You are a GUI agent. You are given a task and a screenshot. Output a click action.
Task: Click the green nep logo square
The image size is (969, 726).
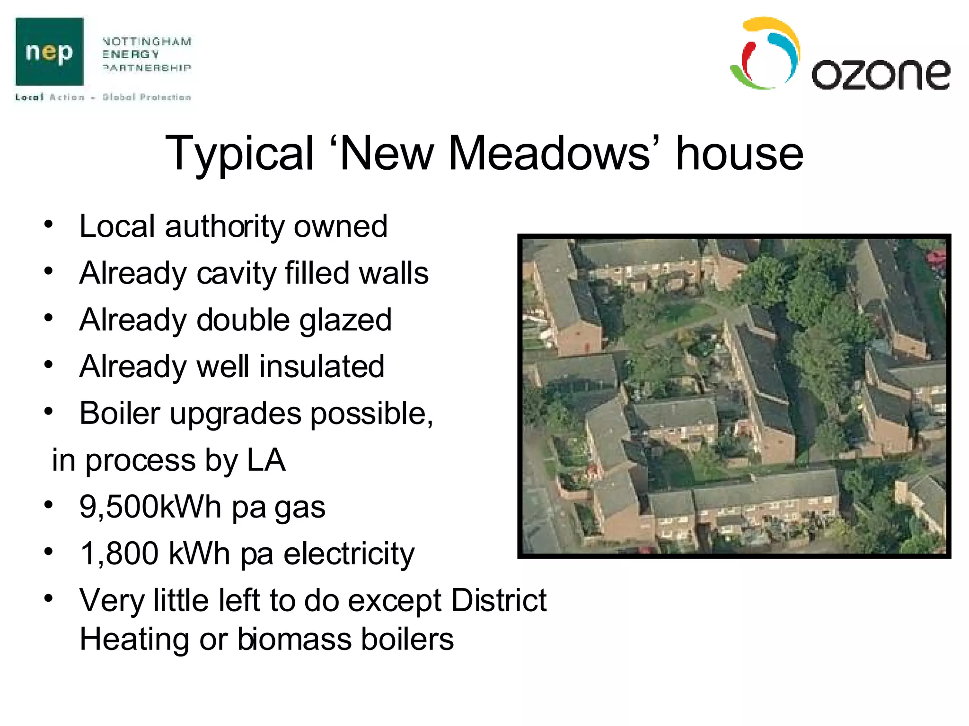[49, 52]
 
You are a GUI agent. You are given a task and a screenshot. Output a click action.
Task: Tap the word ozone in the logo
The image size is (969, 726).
[880, 74]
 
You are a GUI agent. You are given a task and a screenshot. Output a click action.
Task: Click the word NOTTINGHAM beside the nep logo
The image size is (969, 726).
[147, 42]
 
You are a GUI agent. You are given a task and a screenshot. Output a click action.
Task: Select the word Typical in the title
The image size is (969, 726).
[239, 154]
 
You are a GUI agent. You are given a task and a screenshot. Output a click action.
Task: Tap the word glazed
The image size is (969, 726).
[345, 320]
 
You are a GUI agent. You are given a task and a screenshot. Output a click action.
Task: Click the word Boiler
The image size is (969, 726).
[120, 413]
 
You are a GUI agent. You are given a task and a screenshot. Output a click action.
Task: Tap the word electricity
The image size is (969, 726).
[349, 553]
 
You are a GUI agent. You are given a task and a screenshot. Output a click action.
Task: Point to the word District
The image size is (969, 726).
[499, 600]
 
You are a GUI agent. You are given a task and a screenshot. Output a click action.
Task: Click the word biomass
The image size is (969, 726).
[294, 639]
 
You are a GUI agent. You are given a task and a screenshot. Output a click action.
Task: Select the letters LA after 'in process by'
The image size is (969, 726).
[266, 460]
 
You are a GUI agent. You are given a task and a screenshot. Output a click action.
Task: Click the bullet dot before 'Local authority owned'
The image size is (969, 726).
[48, 225]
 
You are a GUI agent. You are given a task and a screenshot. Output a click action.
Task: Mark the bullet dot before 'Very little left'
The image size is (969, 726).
[48, 598]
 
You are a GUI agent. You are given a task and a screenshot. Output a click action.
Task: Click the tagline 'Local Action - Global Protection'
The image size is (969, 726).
[103, 97]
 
